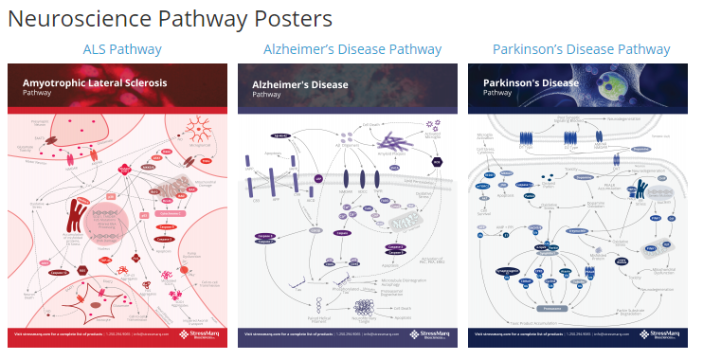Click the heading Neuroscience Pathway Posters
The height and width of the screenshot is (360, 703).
[171, 18]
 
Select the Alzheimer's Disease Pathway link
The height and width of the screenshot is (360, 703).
[351, 49]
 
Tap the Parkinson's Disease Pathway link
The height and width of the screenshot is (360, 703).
[581, 49]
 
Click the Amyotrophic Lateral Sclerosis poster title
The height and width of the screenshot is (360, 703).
[95, 82]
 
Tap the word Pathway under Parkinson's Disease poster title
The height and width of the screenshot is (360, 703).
[497, 94]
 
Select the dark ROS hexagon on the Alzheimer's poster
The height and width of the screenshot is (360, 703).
[437, 162]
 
